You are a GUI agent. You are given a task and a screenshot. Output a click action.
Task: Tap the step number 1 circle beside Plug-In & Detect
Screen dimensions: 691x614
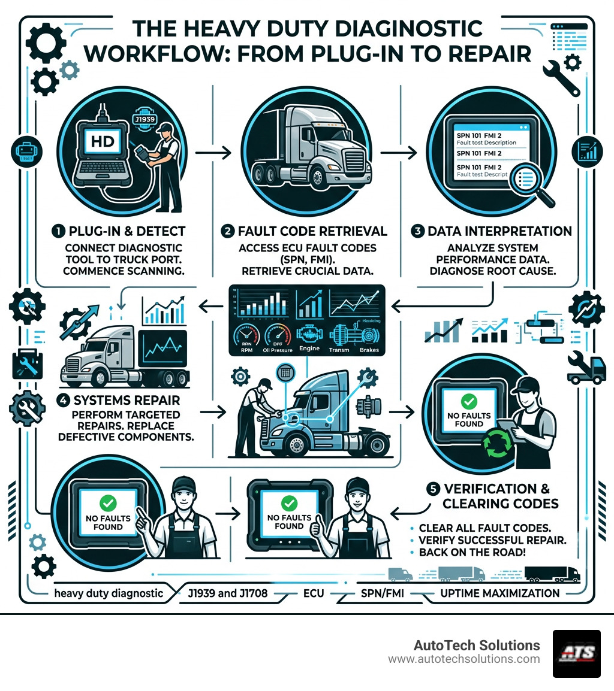[58, 231]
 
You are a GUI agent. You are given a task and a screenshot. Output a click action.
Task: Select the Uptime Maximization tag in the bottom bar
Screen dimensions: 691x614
[499, 593]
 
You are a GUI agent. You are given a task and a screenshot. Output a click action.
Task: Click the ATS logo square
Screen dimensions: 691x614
[576, 653]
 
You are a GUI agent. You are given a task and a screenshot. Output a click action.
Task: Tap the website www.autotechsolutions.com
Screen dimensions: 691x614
[463, 659]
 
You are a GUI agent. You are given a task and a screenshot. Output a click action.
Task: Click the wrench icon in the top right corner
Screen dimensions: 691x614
[561, 77]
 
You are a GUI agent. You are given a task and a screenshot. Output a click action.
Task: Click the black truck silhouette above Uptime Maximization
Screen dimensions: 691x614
[552, 574]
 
